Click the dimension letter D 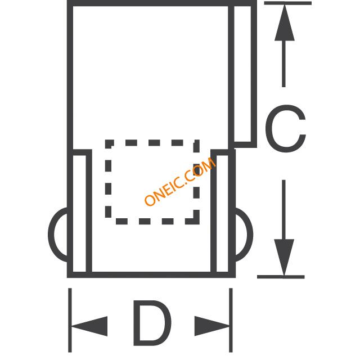pos(151,325)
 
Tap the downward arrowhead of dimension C pos(285,256)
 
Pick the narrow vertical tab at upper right pos(244,73)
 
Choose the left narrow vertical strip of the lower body pos(79,214)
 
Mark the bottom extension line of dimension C pos(281,276)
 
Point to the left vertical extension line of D pos(70,321)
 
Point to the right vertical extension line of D pos(231,321)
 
